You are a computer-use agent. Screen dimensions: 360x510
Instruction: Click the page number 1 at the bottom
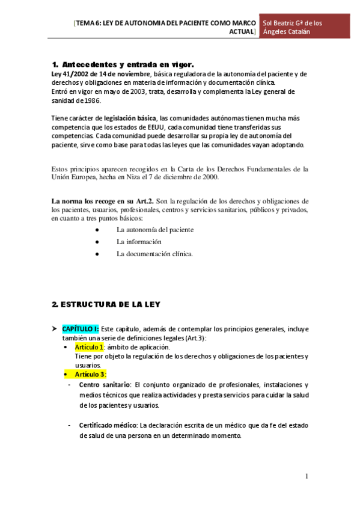tap(307, 476)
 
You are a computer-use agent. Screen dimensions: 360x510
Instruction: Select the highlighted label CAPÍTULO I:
tap(81, 329)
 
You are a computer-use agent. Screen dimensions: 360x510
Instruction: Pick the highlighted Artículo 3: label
tap(91, 374)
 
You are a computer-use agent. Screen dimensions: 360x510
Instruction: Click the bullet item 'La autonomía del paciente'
tap(155, 230)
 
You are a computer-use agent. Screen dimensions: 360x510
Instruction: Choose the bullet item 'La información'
tap(139, 242)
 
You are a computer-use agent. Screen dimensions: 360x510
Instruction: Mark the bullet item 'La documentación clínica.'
tap(155, 254)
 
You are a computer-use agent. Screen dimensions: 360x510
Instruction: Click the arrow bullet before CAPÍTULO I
tap(55, 329)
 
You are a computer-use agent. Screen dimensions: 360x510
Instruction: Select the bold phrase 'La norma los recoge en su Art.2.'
tap(103, 201)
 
